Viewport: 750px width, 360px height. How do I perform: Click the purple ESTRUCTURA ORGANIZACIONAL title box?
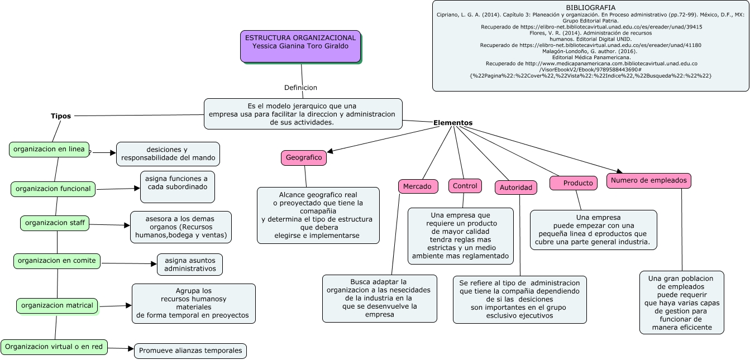(x=300, y=46)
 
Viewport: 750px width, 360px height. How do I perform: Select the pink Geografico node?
(x=304, y=158)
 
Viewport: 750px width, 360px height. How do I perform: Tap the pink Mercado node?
(x=417, y=186)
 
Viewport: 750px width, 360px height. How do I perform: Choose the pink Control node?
(x=465, y=186)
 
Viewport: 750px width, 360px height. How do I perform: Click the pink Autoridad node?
(x=515, y=188)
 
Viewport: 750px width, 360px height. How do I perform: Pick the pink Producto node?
(x=573, y=183)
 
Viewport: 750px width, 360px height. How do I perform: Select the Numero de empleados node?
(x=649, y=180)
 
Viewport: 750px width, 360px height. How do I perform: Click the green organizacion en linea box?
(x=49, y=150)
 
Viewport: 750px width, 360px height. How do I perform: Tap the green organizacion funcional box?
(x=53, y=189)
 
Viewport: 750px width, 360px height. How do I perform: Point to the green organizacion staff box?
(x=55, y=223)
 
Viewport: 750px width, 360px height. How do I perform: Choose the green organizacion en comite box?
(x=56, y=261)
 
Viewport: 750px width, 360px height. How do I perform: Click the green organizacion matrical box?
(x=57, y=306)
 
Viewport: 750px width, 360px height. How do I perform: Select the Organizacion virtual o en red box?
(x=54, y=347)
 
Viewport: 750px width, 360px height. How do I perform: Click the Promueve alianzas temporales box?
(x=190, y=351)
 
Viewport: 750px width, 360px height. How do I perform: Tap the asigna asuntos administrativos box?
(x=190, y=265)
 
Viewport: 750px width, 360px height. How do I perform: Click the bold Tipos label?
(x=61, y=116)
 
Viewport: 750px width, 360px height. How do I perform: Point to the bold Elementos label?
(x=453, y=123)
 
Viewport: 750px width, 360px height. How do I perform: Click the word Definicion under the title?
(x=300, y=88)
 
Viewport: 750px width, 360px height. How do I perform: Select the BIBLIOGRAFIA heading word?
(x=590, y=7)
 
